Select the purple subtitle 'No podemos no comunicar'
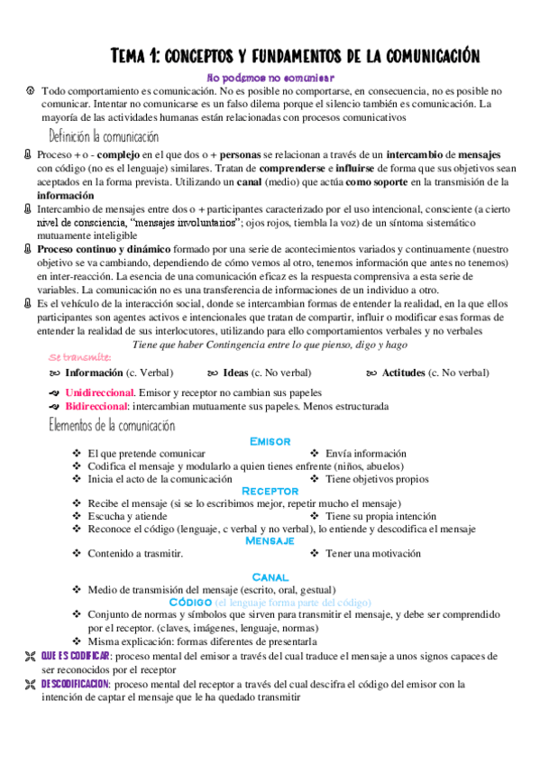tap(270, 78)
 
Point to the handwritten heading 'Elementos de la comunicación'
tap(112, 425)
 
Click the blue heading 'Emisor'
tap(270, 441)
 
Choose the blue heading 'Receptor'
tap(270, 491)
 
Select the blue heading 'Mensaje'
tap(270, 540)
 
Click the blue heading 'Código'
tap(189, 601)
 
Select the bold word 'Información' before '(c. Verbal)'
tap(100, 373)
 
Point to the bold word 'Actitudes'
tap(409, 373)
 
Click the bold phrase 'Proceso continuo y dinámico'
tap(103, 247)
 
